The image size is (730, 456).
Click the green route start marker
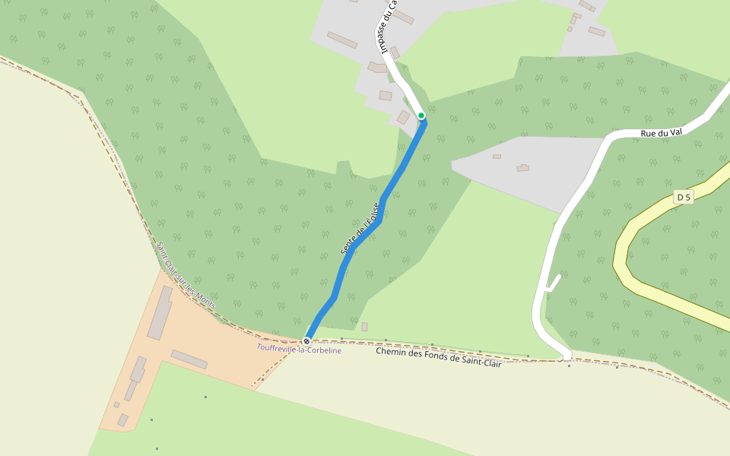pos(421,116)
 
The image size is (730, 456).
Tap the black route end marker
pos(306,341)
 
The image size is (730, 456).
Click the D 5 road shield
pos(684,198)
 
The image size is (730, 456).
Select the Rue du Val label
pos(662,133)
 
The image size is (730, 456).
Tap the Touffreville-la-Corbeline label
pos(299,350)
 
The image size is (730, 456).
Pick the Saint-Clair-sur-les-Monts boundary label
pos(186,275)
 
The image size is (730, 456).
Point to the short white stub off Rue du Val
pos(553,283)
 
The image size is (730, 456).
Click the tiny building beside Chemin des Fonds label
pos(365,327)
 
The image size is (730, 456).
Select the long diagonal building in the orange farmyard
pos(189,359)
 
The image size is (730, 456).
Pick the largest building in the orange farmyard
pos(160,313)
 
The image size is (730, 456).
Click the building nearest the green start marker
pos(403,117)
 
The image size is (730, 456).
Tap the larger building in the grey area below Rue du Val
pos(522,167)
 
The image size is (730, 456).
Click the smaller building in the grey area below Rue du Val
pos(497,157)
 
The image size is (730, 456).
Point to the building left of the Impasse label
pos(342,40)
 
